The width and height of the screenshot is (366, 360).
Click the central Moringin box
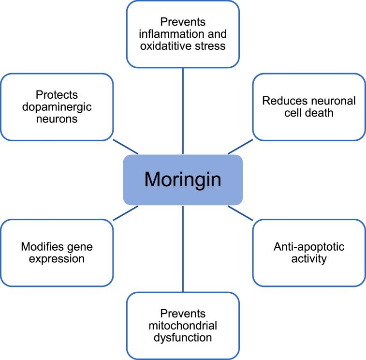pyautogui.click(x=183, y=180)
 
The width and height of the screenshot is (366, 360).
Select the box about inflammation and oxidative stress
pyautogui.click(x=183, y=33)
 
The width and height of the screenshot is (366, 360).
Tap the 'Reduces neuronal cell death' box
pyautogui.click(x=309, y=107)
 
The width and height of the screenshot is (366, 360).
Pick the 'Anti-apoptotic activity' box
pyautogui.click(x=309, y=252)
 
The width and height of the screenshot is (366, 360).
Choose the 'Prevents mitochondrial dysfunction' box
pyautogui.click(x=183, y=325)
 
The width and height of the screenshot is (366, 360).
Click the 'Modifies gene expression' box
pyautogui.click(x=57, y=252)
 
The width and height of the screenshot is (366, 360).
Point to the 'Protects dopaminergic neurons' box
pyautogui.click(x=57, y=107)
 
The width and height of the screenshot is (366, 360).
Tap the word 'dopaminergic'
pyautogui.click(x=57, y=107)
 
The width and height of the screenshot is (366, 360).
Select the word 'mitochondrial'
pyautogui.click(x=183, y=325)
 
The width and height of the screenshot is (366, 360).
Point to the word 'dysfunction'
pyautogui.click(x=183, y=337)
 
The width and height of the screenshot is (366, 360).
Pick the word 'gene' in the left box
pyautogui.click(x=80, y=246)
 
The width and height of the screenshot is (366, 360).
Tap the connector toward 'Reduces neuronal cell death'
pyautogui.click(x=240, y=147)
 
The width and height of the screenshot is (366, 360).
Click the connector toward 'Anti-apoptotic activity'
pyautogui.click(x=240, y=212)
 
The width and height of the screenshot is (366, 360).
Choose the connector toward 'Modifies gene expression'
pyautogui.click(x=125, y=212)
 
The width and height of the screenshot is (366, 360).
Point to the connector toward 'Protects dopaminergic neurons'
pyautogui.click(x=125, y=147)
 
